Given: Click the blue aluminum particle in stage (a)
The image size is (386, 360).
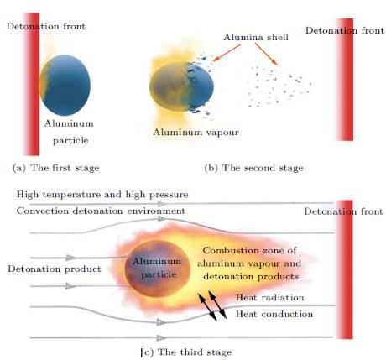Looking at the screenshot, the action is pyautogui.click(x=65, y=85).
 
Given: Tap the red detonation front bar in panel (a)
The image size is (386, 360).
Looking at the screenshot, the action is pyautogui.click(x=31, y=84).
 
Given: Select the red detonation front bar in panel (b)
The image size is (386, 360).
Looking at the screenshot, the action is pyautogui.click(x=345, y=80).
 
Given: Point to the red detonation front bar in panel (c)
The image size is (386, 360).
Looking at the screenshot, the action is pyautogui.click(x=345, y=269).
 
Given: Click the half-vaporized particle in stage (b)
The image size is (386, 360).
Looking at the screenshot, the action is pyautogui.click(x=181, y=86).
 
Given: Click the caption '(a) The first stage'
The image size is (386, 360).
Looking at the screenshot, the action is pyautogui.click(x=56, y=168).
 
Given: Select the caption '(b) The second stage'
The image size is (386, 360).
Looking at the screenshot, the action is pyautogui.click(x=254, y=168).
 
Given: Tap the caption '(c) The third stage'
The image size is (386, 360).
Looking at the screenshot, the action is pyautogui.click(x=186, y=352).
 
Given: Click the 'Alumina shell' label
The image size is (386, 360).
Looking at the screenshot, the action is pyautogui.click(x=256, y=37).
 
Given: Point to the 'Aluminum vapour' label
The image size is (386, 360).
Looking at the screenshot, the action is pyautogui.click(x=196, y=132).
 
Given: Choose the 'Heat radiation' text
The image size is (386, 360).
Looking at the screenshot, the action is pyautogui.click(x=270, y=297).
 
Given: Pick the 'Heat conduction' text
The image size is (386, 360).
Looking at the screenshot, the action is pyautogui.click(x=274, y=314).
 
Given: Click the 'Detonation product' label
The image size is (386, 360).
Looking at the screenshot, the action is pyautogui.click(x=55, y=269).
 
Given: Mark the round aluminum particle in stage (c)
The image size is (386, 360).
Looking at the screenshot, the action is pyautogui.click(x=158, y=269).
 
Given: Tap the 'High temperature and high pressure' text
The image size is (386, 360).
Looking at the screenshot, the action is pyautogui.click(x=102, y=195).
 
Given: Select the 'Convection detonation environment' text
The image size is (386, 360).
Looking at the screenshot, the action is pyautogui.click(x=101, y=211).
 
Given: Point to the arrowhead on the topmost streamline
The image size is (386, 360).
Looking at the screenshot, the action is pyautogui.click(x=161, y=204).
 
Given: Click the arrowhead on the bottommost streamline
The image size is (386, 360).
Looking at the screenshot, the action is pyautogui.click(x=161, y=338).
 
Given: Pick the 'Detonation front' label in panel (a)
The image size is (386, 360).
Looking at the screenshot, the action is pyautogui.click(x=46, y=26).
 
